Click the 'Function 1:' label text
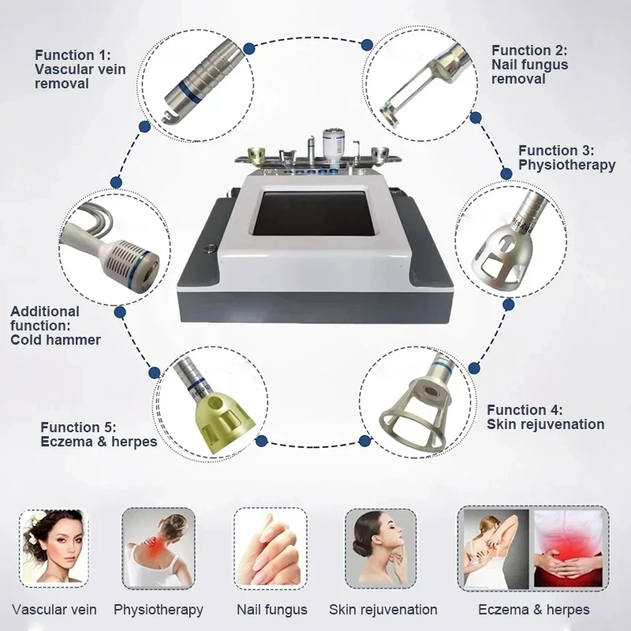(x=73, y=54)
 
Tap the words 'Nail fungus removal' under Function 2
(x=529, y=72)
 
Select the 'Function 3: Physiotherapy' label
(x=566, y=158)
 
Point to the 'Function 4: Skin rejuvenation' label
(x=545, y=417)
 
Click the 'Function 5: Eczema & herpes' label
(x=99, y=435)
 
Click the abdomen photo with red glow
(x=569, y=551)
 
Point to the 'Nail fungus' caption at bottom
(x=271, y=609)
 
